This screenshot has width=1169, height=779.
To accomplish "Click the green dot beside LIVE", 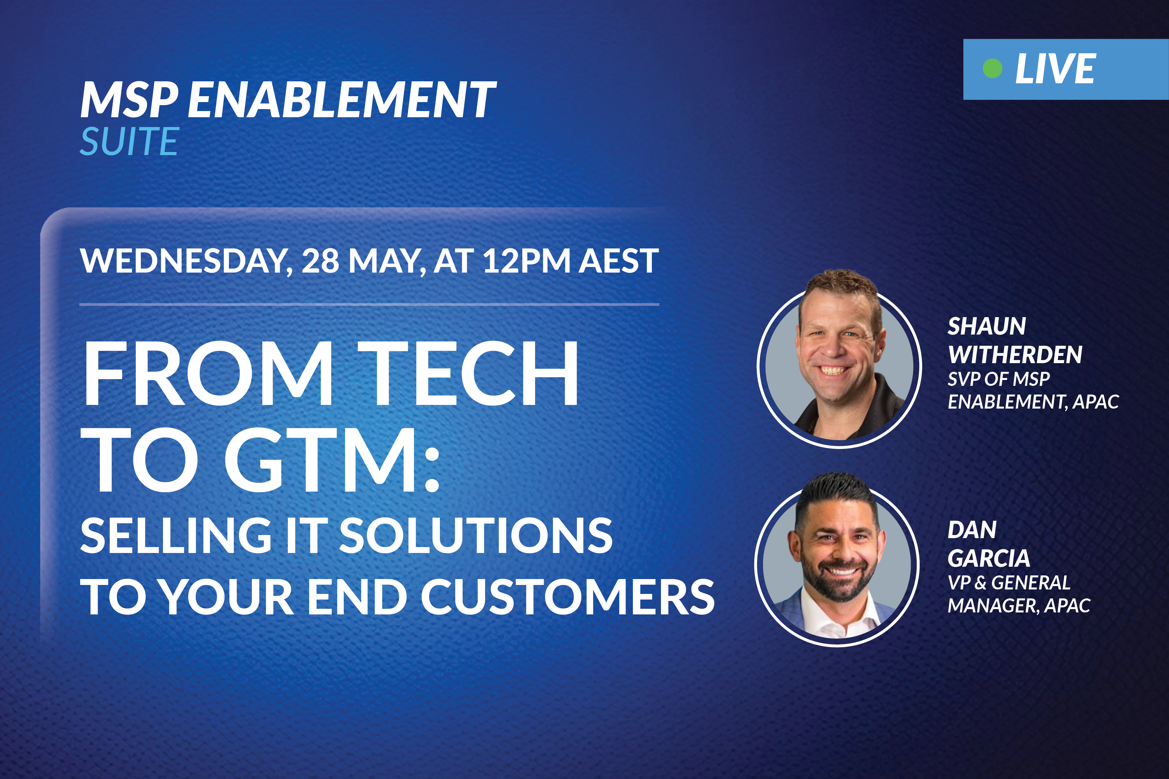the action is [x=993, y=68].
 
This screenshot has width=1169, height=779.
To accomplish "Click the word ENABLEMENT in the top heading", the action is [x=342, y=100].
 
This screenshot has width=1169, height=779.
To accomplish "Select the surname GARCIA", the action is [x=989, y=558].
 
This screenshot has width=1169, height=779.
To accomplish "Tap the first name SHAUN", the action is [x=987, y=326].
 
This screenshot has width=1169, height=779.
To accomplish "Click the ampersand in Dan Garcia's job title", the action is [x=980, y=583].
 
